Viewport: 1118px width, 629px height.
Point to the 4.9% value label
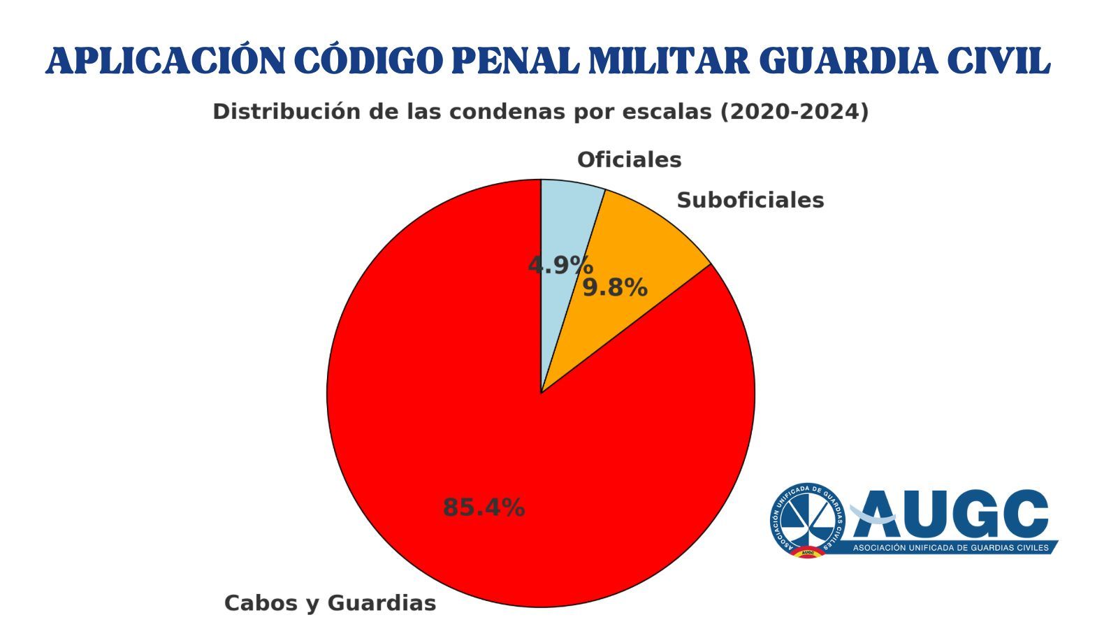click(x=560, y=266)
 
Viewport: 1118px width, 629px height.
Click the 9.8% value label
click(x=615, y=287)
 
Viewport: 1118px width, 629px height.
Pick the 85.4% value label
click(x=484, y=507)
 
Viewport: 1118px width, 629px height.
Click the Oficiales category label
click(x=629, y=160)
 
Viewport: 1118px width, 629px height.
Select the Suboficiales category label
click(x=750, y=201)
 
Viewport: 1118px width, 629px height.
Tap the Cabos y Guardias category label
click(x=330, y=603)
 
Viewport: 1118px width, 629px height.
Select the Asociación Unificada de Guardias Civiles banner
click(x=950, y=548)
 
